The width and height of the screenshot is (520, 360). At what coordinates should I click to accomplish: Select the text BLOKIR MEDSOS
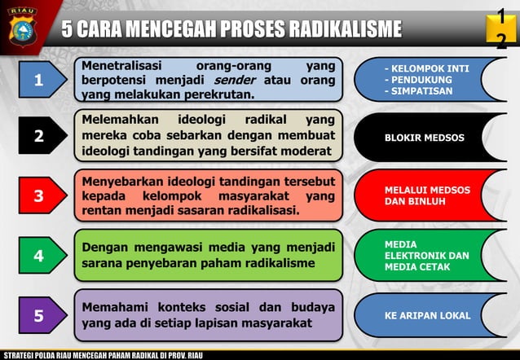click(425, 138)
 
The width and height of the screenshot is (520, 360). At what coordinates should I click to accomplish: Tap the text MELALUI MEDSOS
click(427, 190)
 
